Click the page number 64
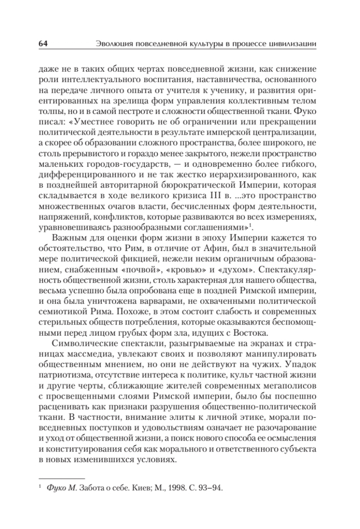[43, 44]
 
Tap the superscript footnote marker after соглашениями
[250, 225]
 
